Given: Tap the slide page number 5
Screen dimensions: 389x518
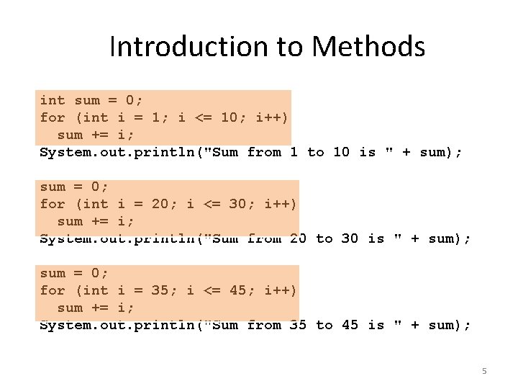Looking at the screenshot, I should coord(484,371).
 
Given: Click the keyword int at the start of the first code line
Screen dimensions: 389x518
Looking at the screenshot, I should coord(53,100).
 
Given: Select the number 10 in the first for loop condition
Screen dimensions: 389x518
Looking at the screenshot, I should coord(230,117).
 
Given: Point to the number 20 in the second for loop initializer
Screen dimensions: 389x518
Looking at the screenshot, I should coord(160,204).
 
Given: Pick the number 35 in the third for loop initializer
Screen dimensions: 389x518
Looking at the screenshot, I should coord(160,290).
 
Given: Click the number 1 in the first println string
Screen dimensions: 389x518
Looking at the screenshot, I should coord(294,152).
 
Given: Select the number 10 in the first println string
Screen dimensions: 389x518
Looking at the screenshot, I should coord(342,152).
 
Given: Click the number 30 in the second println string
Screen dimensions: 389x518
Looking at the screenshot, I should coord(350,238).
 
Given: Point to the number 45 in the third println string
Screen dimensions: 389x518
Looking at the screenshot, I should coord(350,325).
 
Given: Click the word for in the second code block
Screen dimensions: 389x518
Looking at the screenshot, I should coord(53,204).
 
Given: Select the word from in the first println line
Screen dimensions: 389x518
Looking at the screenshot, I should coord(264,152).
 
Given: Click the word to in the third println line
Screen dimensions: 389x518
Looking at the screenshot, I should coord(324,325).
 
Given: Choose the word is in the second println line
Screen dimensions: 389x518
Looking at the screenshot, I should coord(376,238).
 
